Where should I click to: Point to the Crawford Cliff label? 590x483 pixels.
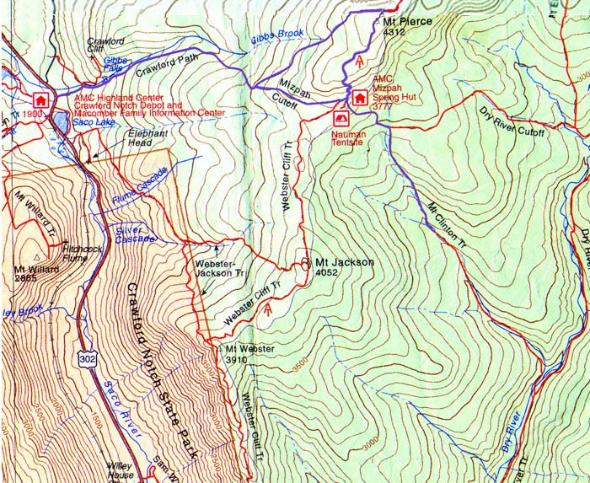(106, 46)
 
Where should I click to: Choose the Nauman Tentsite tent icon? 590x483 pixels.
(341, 119)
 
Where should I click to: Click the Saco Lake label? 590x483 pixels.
(93, 123)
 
